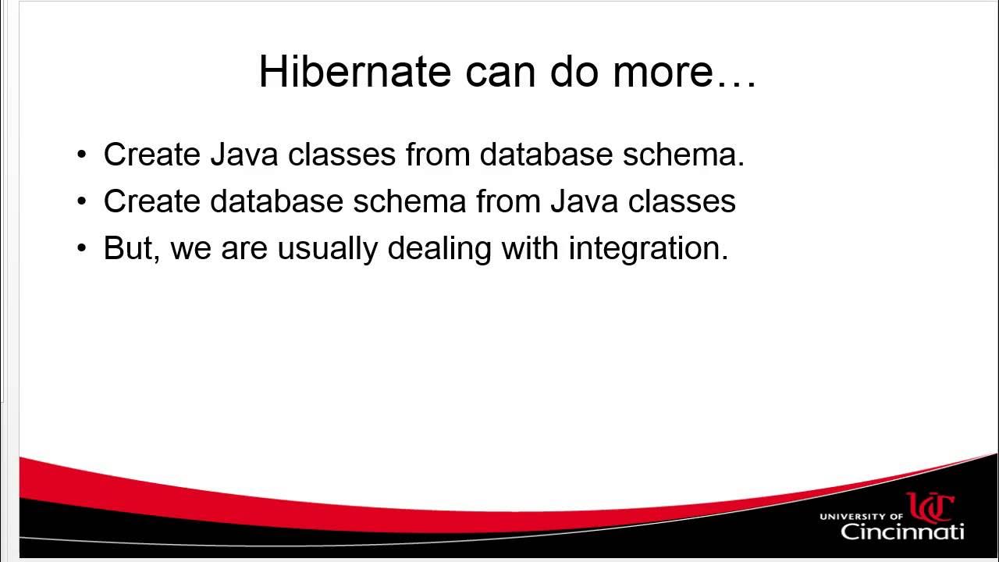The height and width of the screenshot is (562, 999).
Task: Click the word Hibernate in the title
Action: pos(355,72)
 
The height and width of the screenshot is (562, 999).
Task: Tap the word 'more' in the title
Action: pos(674,72)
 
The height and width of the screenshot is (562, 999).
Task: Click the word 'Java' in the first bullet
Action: pos(245,155)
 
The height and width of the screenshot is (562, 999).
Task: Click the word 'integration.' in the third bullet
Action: pos(648,248)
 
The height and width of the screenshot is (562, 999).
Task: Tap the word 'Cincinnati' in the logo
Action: pos(902,532)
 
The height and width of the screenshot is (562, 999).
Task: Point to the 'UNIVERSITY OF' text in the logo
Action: pos(861,516)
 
